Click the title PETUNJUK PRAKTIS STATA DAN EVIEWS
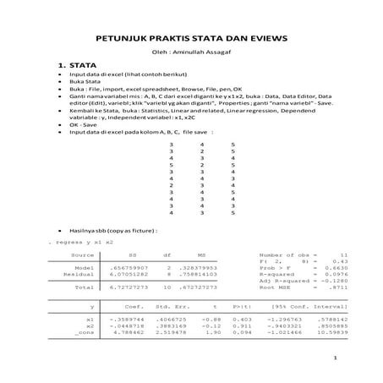tap(191, 38)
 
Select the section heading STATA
tap(81, 65)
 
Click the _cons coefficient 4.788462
tap(130, 332)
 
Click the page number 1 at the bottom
tap(335, 358)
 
